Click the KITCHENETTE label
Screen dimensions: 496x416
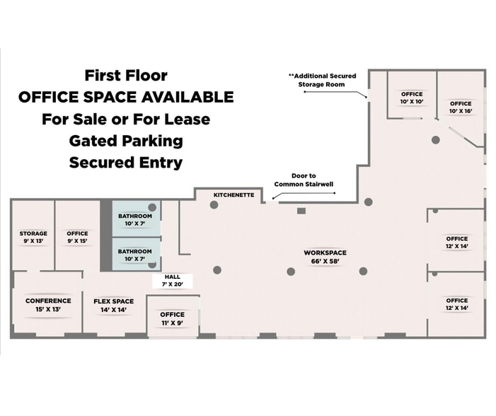(x=233, y=195)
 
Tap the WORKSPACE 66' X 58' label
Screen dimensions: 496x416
(x=325, y=257)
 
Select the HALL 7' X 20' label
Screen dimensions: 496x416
(x=173, y=281)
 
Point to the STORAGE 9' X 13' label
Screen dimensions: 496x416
(x=33, y=237)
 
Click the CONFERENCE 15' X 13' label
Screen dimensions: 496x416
(x=48, y=305)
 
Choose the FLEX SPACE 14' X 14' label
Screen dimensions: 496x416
(x=113, y=306)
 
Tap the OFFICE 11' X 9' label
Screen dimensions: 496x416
(x=173, y=318)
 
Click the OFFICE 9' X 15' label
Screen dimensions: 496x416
(x=77, y=237)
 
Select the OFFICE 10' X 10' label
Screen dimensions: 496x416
(x=412, y=98)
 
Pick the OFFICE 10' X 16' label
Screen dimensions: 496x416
(x=461, y=108)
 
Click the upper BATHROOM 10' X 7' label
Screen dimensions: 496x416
(x=135, y=220)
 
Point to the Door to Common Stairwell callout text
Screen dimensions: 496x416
(x=304, y=180)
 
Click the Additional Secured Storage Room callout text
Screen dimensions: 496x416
(x=323, y=80)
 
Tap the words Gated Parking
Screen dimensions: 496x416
(x=126, y=141)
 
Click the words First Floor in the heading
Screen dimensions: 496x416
(x=126, y=75)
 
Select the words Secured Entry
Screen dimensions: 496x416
(x=126, y=163)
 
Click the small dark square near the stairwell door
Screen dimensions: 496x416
(x=301, y=211)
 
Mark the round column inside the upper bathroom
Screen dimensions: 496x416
(x=152, y=207)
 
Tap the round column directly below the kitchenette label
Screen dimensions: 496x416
(x=214, y=204)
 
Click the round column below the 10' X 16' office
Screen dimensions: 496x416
(x=436, y=140)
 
